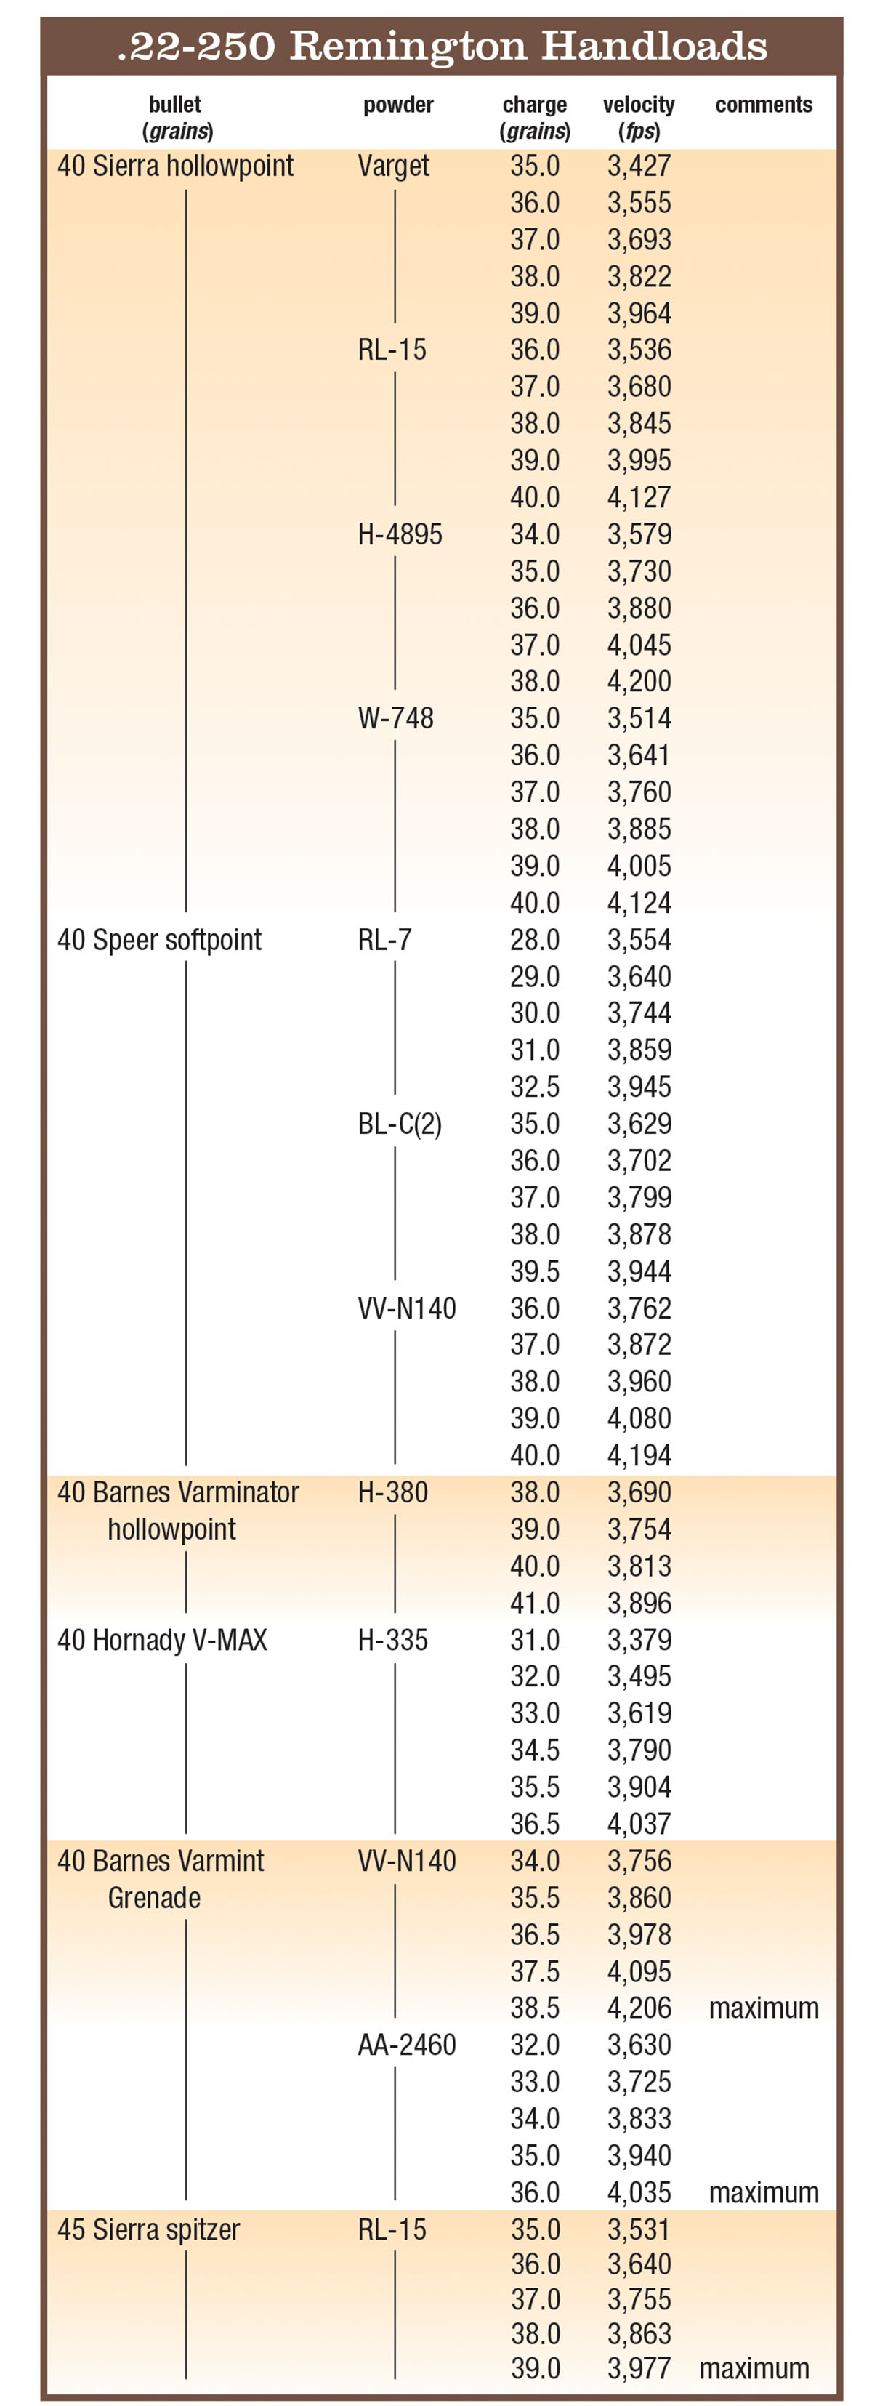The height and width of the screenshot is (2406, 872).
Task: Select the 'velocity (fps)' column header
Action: click(x=639, y=117)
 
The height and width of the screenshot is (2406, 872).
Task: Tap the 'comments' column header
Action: click(x=764, y=105)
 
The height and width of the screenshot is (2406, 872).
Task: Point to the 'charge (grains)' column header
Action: click(x=534, y=117)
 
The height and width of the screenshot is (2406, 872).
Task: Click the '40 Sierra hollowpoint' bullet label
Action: click(x=176, y=166)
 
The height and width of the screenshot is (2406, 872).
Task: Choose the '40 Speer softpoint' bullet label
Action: click(x=160, y=940)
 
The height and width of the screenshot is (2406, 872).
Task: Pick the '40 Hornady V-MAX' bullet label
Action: click(x=163, y=1639)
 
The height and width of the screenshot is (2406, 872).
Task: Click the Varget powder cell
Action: click(x=393, y=166)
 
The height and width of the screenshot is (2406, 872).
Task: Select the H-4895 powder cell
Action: click(x=400, y=534)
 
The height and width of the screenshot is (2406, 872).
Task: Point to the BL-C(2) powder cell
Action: click(x=400, y=1124)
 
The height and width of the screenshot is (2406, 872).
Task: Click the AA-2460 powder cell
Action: click(x=407, y=2045)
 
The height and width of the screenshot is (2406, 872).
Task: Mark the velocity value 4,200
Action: click(x=639, y=682)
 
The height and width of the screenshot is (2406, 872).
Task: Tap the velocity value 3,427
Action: click(x=639, y=166)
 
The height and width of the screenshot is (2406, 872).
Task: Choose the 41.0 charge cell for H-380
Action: click(x=534, y=1603)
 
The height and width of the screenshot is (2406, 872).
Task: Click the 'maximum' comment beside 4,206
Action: click(x=764, y=2008)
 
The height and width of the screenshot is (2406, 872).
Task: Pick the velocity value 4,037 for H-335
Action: click(x=639, y=1823)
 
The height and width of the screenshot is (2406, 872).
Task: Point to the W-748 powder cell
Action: click(x=396, y=718)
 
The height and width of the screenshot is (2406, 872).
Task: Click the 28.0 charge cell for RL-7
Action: click(x=534, y=940)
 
